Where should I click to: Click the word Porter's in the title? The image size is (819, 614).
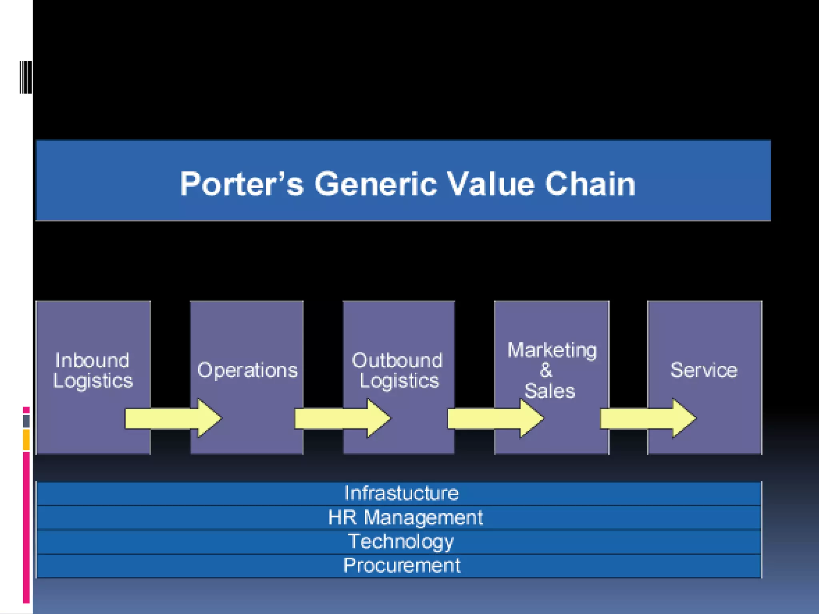[242, 184]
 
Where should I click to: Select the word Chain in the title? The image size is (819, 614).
[590, 184]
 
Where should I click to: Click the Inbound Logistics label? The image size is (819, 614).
[93, 371]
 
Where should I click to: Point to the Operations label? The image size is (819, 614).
[247, 370]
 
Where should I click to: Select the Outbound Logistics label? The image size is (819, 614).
[398, 371]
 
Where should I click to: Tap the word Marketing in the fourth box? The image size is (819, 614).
[552, 350]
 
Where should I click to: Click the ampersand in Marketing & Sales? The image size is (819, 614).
[546, 370]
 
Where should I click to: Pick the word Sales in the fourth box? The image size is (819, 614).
[549, 391]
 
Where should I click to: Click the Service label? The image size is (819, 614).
[704, 370]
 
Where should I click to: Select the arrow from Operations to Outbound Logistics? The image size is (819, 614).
[342, 418]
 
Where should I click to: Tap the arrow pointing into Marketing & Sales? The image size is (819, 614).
[495, 418]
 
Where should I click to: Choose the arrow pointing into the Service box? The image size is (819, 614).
[648, 418]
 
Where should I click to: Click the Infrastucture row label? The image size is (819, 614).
[401, 493]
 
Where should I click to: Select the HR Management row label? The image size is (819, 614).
[405, 517]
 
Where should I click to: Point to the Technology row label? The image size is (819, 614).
[401, 542]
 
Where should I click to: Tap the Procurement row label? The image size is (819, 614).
[402, 566]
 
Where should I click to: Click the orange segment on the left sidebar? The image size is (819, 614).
[26, 440]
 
